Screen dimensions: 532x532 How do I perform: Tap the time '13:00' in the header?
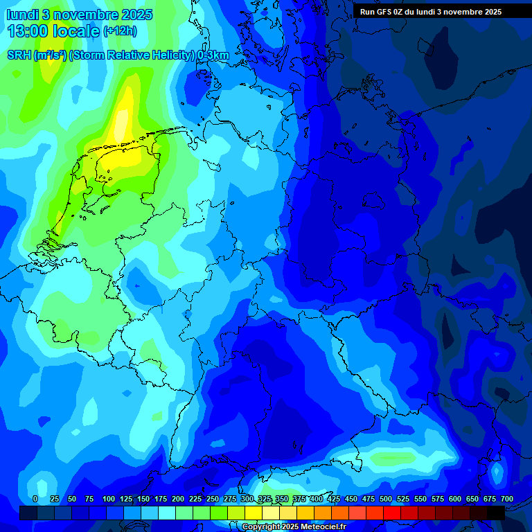[x=27, y=30]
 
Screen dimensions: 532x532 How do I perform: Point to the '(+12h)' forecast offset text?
[x=120, y=31]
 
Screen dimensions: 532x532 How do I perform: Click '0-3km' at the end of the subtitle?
[x=213, y=55]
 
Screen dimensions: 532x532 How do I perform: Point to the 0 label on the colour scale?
[x=35, y=499]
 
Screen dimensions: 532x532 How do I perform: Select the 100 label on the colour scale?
[x=109, y=499]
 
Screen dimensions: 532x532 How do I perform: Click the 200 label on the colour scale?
[x=178, y=499]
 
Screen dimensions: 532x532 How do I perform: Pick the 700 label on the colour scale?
[x=507, y=499]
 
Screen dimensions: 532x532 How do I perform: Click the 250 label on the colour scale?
[x=213, y=499]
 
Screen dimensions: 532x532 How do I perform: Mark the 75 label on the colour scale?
[x=89, y=499]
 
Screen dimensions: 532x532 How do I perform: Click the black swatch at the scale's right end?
[x=496, y=513]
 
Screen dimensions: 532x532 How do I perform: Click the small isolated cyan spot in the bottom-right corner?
[x=496, y=473]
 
